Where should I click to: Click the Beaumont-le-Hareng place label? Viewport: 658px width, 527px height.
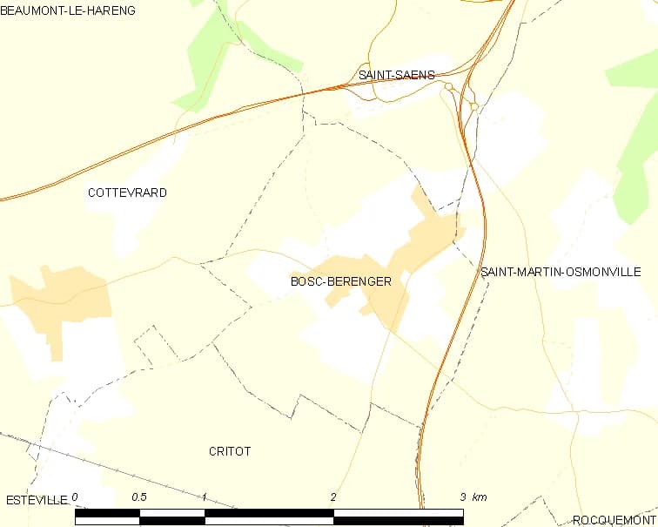point(68,10)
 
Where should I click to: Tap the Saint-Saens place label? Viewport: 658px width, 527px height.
point(396,76)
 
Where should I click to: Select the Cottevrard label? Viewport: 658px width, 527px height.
point(127,193)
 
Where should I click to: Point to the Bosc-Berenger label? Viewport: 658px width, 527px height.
point(341,281)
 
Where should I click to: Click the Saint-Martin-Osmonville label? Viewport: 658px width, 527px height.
point(561,273)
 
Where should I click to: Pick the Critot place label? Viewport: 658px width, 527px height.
point(230,451)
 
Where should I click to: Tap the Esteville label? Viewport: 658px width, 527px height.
point(36,500)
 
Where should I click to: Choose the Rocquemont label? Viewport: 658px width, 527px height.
point(614,520)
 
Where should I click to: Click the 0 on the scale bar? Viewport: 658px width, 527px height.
point(76,497)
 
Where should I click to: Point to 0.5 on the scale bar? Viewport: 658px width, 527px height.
point(138,497)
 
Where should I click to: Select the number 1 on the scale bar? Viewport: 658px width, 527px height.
point(204,497)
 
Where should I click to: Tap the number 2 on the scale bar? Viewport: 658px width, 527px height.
point(333,497)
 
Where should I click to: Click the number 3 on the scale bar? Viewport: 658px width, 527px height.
point(462,497)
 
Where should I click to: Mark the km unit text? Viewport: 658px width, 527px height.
point(480,497)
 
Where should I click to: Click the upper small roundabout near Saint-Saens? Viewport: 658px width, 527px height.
point(449,87)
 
